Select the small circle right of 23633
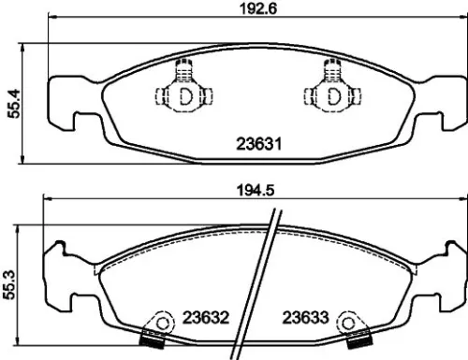349,324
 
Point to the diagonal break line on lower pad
268,281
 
